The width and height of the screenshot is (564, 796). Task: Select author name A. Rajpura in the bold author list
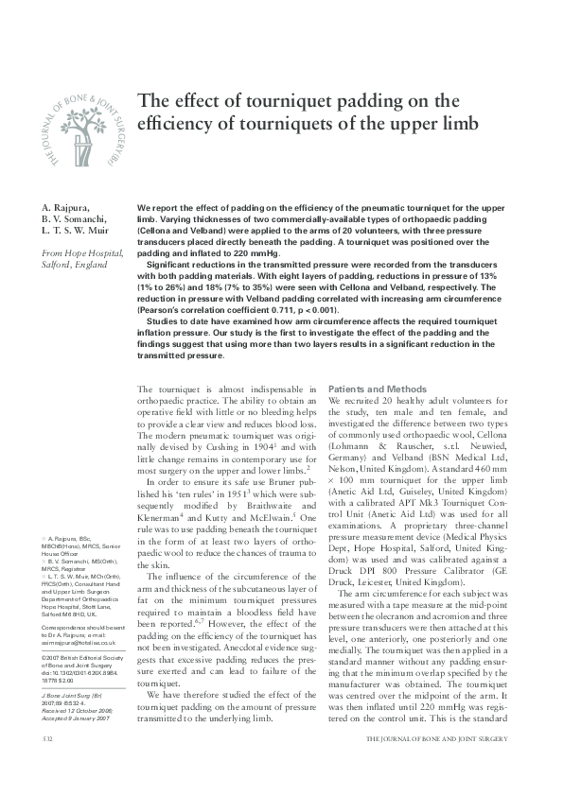[x=67, y=206]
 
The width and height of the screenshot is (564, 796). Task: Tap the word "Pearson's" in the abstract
[x=161, y=309]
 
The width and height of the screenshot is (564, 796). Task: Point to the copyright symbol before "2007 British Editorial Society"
[x=44, y=655]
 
